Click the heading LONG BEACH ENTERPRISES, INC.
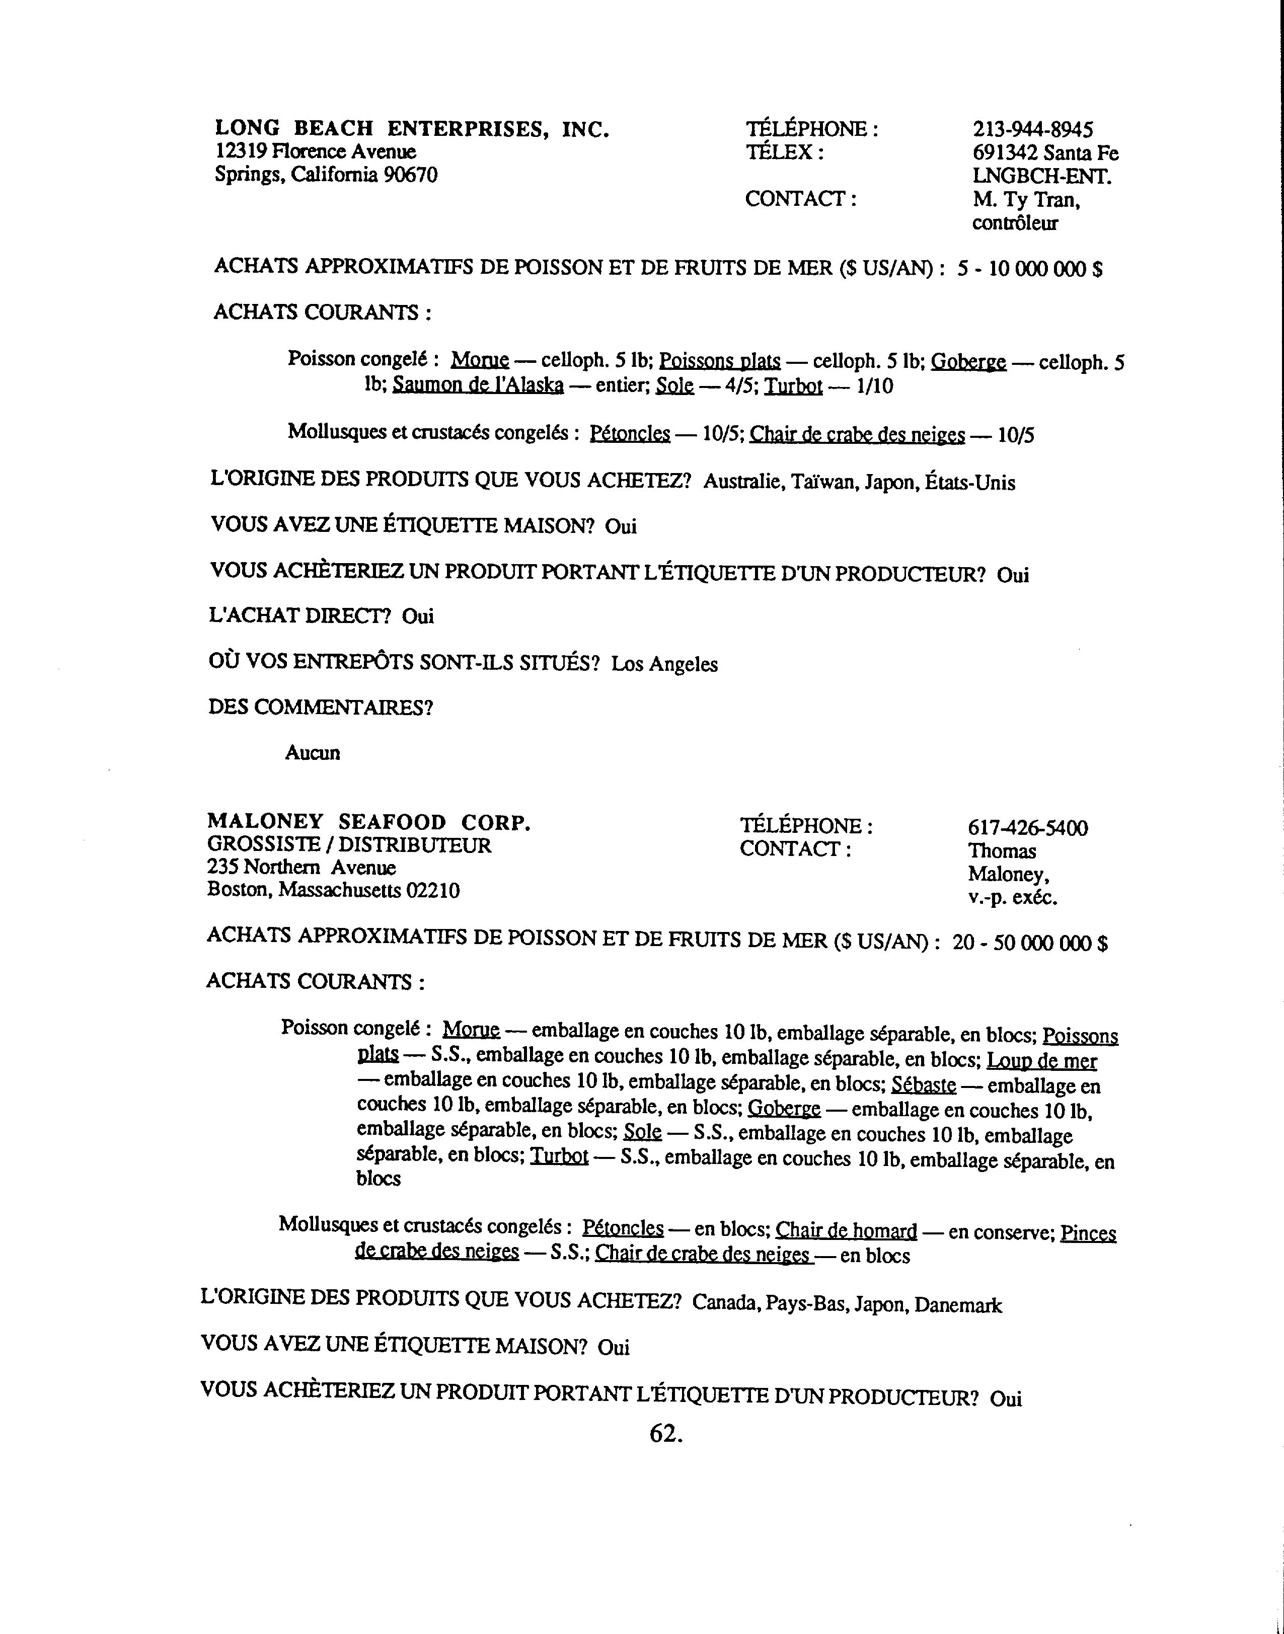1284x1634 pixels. (x=412, y=129)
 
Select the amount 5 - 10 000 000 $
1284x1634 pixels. (x=1030, y=269)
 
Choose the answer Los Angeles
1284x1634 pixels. (x=664, y=664)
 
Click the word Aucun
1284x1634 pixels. (x=313, y=753)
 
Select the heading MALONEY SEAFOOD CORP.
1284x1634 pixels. (x=369, y=822)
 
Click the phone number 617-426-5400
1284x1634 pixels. (x=1028, y=828)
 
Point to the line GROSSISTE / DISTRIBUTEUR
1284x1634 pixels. (x=349, y=845)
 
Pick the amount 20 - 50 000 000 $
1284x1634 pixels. (x=1030, y=943)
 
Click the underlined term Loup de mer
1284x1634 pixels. (x=1041, y=1061)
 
